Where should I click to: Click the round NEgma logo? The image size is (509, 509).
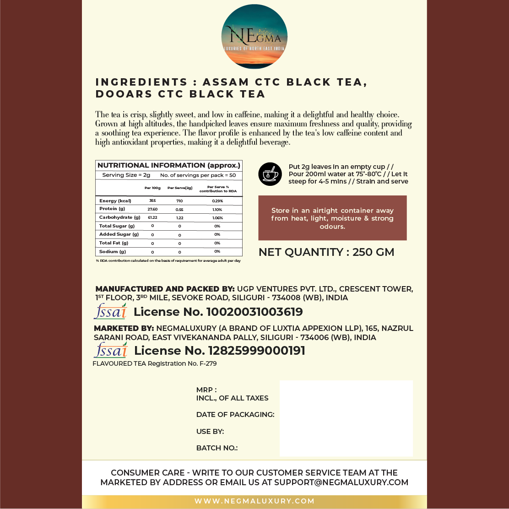coord(254,37)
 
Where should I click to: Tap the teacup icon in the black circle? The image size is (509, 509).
coord(270,174)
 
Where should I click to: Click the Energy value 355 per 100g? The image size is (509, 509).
coord(152,200)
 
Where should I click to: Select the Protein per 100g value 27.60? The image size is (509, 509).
coord(152,209)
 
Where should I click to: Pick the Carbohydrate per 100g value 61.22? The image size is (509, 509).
coord(152,217)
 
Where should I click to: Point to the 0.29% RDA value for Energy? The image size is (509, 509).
coord(217,201)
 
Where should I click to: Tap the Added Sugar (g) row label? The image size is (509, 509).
coord(119,234)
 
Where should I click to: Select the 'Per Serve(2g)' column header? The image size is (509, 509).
coord(180,188)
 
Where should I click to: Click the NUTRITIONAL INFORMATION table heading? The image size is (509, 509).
coord(168,165)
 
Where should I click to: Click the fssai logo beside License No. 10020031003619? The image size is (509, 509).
coord(110,311)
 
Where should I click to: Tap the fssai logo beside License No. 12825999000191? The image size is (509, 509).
coord(110,350)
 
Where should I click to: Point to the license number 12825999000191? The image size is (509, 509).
coord(256,351)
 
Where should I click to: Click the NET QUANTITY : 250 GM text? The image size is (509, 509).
coord(326,252)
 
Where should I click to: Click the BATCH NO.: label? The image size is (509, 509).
coord(217,448)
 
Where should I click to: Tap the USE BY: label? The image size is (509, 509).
coord(210,432)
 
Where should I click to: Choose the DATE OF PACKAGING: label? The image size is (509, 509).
coord(235,415)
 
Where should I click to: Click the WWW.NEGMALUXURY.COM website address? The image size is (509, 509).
coord(254,501)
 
